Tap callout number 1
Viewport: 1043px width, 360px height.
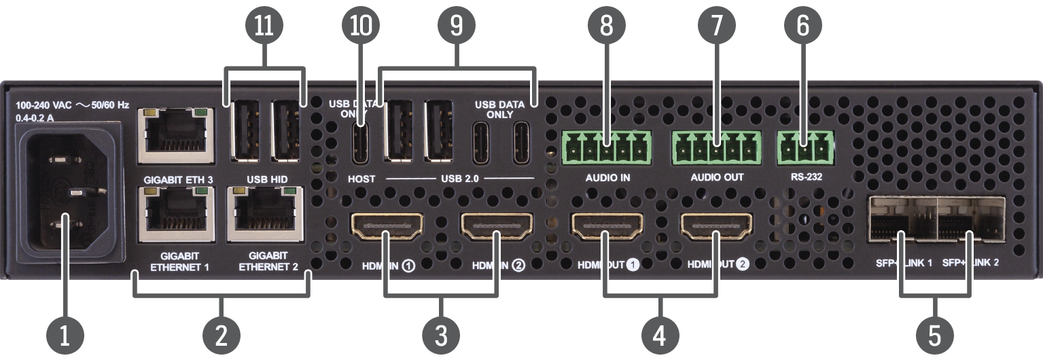[x=65, y=335]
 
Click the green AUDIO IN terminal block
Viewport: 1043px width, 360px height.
[x=606, y=145]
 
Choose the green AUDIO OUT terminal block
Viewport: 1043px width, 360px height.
[x=716, y=145]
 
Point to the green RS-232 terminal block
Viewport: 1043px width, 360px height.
[x=805, y=145]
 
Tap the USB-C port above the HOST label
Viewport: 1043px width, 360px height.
[x=360, y=143]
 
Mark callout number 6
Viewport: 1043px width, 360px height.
[x=802, y=26]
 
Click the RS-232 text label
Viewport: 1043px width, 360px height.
[x=805, y=177]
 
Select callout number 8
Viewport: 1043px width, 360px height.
[x=606, y=26]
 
